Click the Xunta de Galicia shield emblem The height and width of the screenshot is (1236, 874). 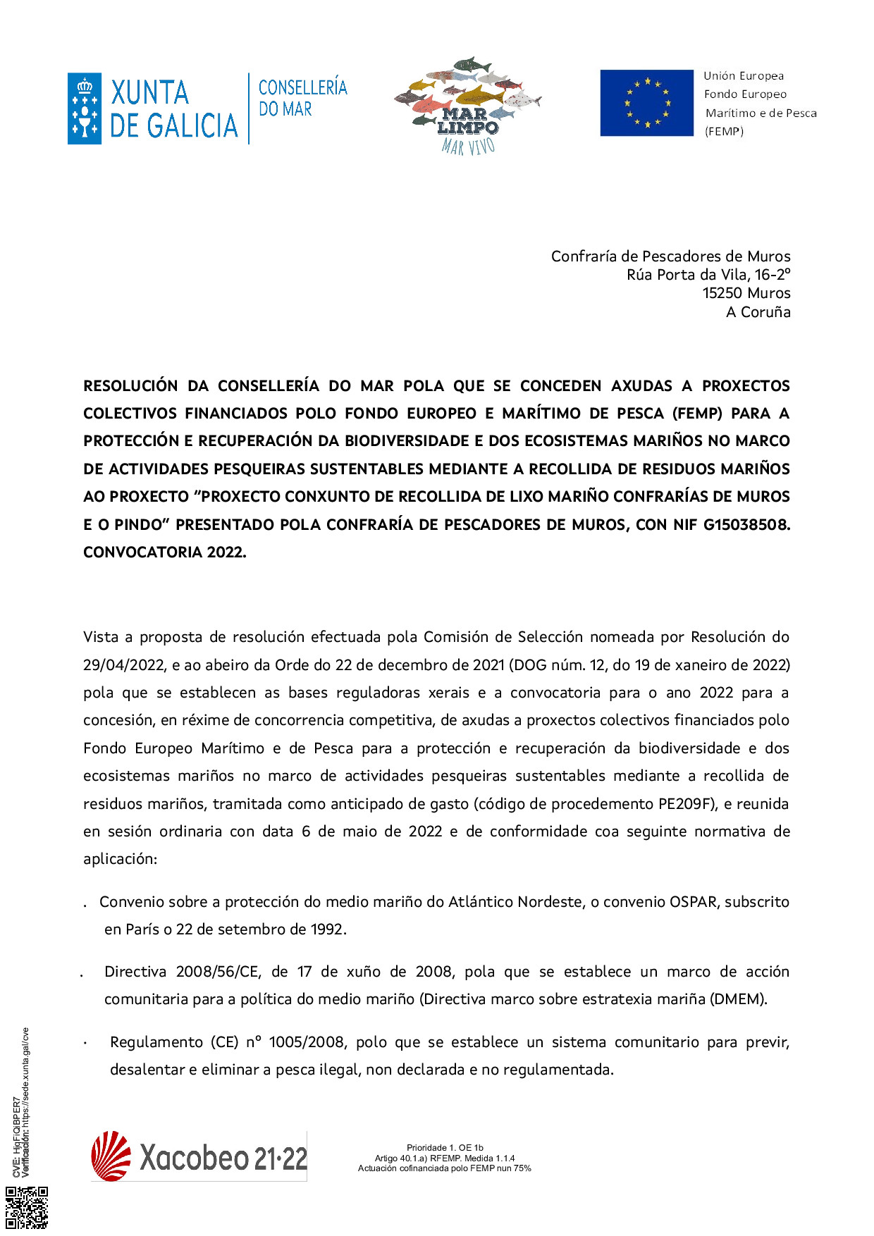(85, 109)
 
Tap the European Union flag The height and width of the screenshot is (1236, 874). (646, 103)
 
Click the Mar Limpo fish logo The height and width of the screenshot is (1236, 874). (467, 105)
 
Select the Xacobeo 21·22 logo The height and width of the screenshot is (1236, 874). (199, 1156)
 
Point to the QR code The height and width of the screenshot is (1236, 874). (27, 1208)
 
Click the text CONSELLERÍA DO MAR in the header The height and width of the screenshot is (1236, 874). (302, 97)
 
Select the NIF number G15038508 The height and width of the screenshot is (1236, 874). (746, 524)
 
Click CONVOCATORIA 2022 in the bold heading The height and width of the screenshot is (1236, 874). (164, 552)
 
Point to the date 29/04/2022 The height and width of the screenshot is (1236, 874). (124, 665)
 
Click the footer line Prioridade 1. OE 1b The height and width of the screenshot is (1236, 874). (445, 1148)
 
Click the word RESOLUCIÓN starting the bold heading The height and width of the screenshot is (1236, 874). (130, 386)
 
